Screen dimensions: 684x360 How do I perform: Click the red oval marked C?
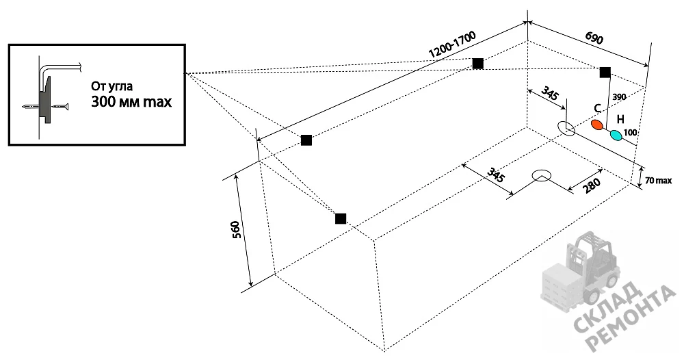[x=597, y=125]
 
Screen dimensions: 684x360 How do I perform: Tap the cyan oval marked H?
[x=616, y=136]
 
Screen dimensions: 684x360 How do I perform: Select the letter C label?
[x=598, y=109]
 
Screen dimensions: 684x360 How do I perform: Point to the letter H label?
[x=621, y=119]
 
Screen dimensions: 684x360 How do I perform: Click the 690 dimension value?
[x=594, y=38]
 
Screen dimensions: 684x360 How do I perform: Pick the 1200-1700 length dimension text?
[x=452, y=44]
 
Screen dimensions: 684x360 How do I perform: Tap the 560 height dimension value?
[x=236, y=230]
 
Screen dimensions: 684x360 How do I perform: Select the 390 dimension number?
[x=620, y=97]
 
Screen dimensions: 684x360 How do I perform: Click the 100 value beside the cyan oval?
[x=631, y=132]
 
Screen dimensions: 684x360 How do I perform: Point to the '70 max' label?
[x=658, y=180]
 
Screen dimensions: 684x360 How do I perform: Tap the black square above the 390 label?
[x=605, y=72]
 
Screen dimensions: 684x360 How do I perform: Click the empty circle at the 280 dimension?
[x=541, y=175]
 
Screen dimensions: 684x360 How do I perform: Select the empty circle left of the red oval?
[x=566, y=128]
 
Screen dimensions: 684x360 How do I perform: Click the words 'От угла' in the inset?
[x=111, y=86]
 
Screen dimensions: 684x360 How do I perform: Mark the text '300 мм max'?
[x=131, y=102]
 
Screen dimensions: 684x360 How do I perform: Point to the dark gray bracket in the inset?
[x=45, y=101]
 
